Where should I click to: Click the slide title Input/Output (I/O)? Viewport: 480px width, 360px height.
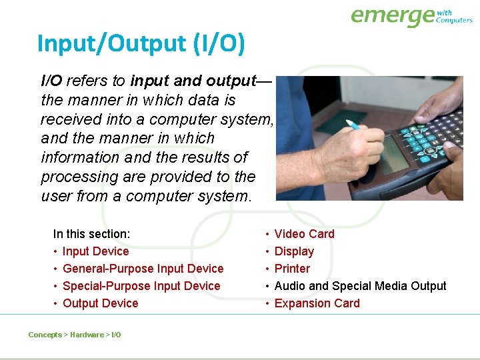click(141, 44)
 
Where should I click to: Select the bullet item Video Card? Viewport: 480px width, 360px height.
click(304, 234)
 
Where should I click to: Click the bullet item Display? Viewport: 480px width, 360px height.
click(294, 251)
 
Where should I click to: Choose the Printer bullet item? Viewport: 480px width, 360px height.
click(292, 269)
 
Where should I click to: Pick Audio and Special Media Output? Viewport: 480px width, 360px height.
click(360, 286)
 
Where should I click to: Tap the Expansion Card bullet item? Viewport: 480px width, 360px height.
click(317, 303)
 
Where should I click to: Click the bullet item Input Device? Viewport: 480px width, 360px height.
click(95, 251)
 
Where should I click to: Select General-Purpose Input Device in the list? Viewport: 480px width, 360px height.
click(143, 269)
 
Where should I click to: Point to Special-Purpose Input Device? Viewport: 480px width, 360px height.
click(141, 286)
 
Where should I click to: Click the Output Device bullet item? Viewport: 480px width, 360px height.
click(100, 303)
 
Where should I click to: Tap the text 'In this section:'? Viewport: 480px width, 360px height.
click(91, 234)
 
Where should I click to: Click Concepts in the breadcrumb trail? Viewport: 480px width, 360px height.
click(45, 335)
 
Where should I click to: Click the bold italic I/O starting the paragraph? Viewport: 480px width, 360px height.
click(51, 81)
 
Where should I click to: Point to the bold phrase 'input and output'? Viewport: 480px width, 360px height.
click(193, 81)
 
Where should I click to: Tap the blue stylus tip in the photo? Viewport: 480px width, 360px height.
click(353, 125)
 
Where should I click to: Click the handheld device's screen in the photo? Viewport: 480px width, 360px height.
click(394, 154)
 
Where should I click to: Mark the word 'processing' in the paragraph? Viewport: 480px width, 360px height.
click(73, 177)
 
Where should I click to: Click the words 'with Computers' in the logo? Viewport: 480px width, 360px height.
click(453, 17)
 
